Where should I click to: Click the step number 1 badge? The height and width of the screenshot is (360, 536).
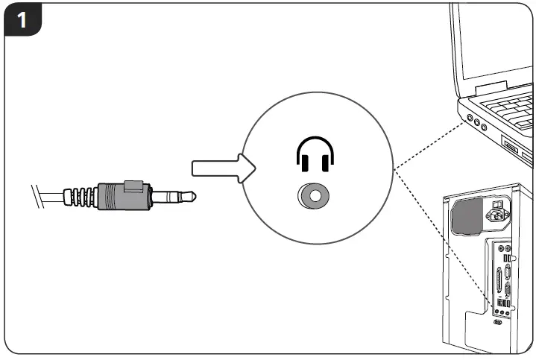[x=22, y=20]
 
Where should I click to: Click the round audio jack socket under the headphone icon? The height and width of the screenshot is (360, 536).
[x=315, y=197]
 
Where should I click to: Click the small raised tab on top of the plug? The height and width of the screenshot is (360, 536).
[x=133, y=183]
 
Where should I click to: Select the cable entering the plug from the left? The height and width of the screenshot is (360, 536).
[x=45, y=197]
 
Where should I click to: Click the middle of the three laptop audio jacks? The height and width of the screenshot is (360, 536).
[x=475, y=122]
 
